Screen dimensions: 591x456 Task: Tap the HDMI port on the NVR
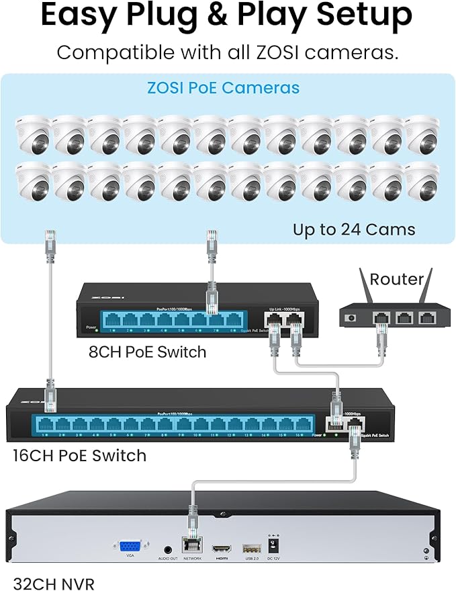(220, 547)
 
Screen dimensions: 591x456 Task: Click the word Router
(397, 278)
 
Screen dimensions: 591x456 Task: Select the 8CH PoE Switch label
(147, 351)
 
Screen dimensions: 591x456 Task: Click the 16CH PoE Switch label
(79, 455)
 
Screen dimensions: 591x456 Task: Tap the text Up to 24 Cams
(353, 229)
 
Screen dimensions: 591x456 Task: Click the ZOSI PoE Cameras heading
(224, 88)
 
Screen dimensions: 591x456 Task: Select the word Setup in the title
(362, 17)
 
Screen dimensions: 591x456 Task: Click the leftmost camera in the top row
(32, 134)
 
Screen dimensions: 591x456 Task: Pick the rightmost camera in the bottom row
(423, 182)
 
